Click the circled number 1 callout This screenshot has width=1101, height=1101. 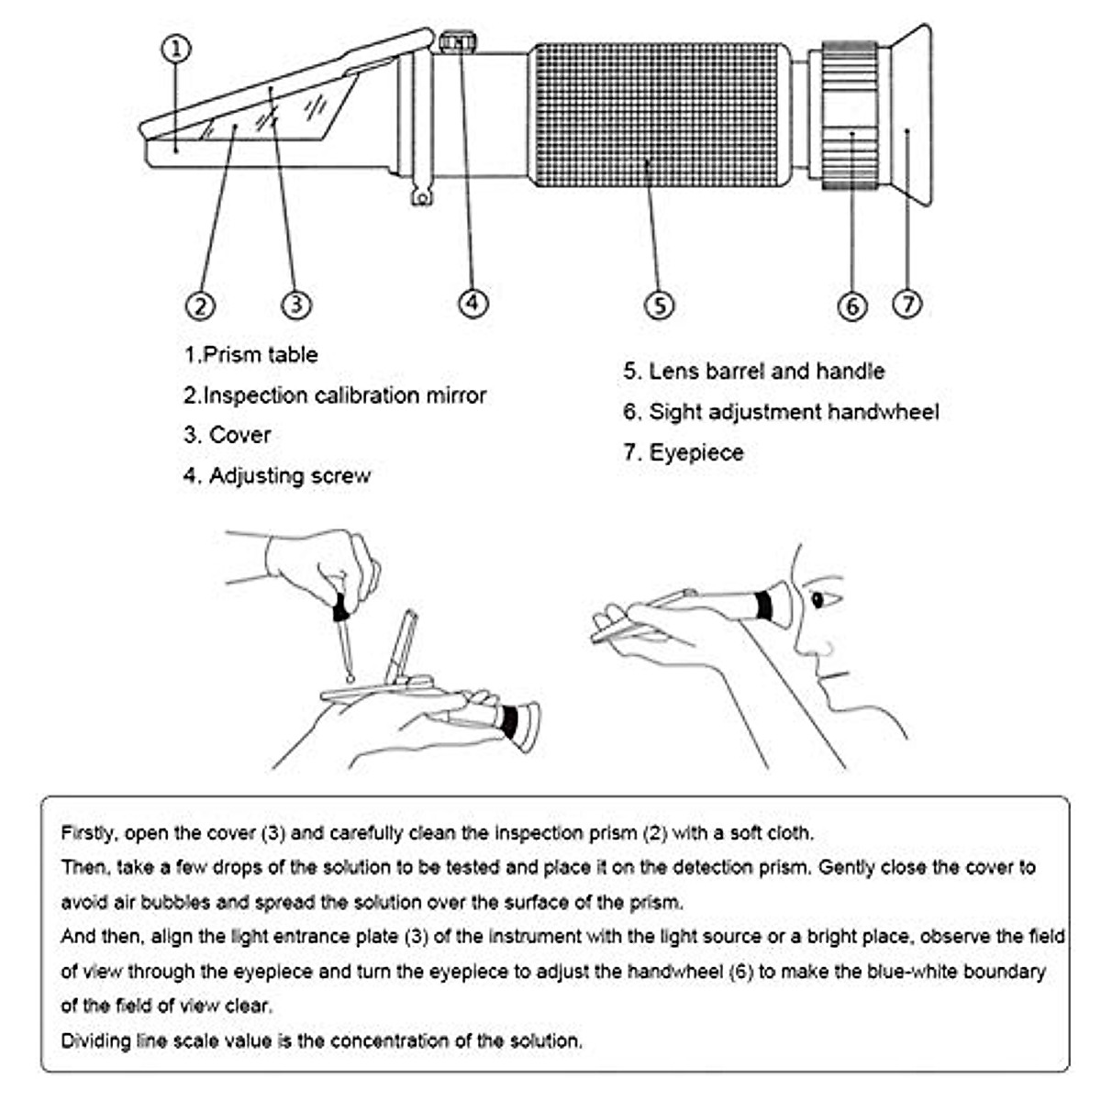point(177,49)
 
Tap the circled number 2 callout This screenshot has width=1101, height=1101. point(200,305)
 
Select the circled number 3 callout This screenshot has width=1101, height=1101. point(295,304)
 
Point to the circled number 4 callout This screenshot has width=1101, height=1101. point(473,302)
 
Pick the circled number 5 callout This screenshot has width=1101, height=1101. point(660,305)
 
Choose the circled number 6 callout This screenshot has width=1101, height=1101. point(852,306)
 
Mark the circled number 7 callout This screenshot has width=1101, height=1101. point(907,303)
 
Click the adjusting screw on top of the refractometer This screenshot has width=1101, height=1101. point(458,42)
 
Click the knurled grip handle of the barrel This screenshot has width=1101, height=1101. point(661,115)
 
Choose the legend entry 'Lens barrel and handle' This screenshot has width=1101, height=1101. point(753,372)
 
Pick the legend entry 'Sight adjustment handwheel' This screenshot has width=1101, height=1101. point(781,412)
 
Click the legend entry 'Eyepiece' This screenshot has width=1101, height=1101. point(684,452)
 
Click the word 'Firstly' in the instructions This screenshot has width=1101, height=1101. point(88,833)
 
